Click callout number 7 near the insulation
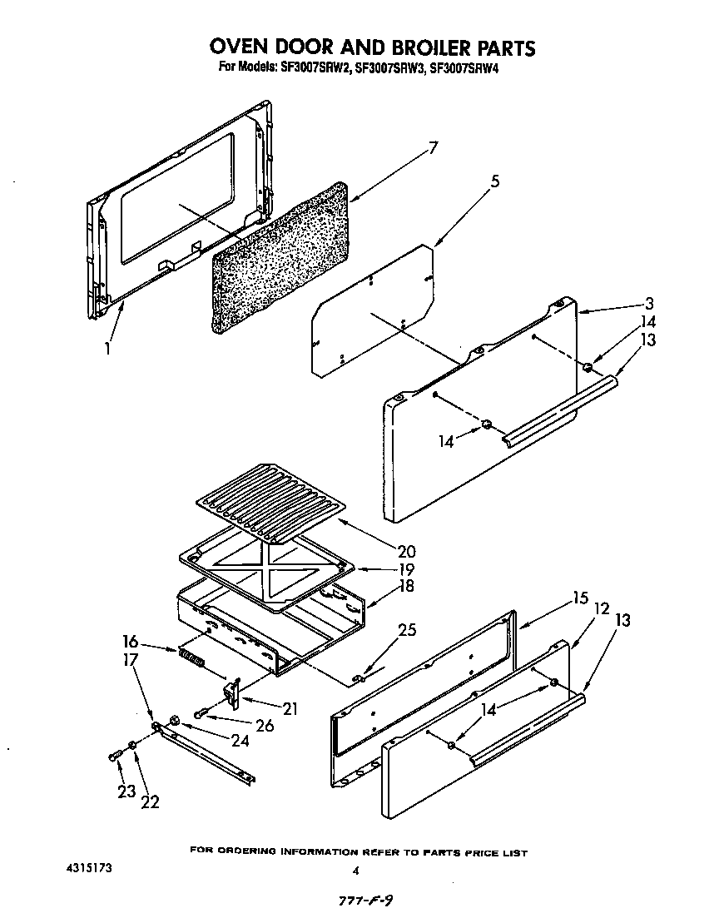point(432,149)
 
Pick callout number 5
point(495,182)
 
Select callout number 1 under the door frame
point(107,348)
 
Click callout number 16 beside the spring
point(131,643)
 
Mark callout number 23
point(126,792)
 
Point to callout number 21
point(290,708)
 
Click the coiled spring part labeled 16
point(192,660)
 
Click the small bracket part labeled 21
point(232,692)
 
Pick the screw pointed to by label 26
point(201,713)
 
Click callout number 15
point(580,598)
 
